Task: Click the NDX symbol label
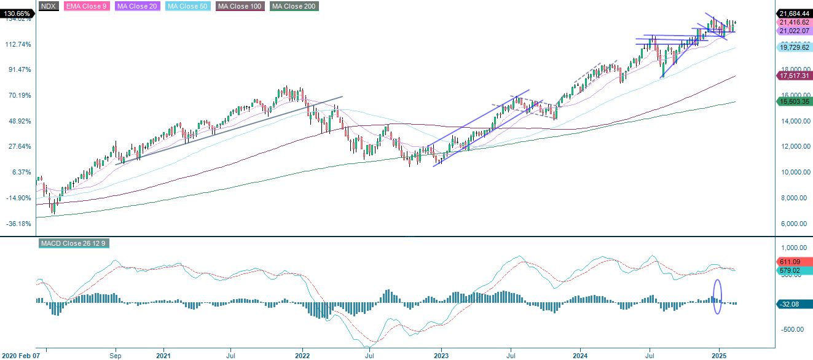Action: coord(49,6)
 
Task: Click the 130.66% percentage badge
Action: coord(16,13)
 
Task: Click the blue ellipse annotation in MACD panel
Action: coord(717,297)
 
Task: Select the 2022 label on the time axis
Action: coord(302,355)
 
